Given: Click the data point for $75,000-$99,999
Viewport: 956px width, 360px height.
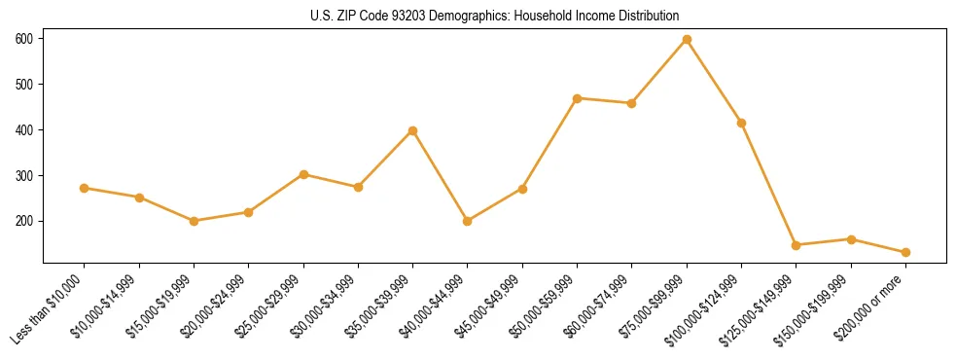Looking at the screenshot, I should tap(687, 39).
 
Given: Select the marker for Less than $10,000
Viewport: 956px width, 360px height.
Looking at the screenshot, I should tap(85, 188).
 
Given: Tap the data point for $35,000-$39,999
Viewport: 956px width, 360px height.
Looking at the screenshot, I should tap(413, 130).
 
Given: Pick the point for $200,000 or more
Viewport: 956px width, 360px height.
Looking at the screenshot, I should tap(905, 252).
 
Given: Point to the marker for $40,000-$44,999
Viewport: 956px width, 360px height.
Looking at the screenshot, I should tap(468, 221).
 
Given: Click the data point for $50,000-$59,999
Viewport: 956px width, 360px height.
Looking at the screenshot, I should tap(578, 98).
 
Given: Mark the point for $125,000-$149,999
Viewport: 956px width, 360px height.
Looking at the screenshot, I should tap(796, 245).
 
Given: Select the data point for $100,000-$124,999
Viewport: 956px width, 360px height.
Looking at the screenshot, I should tap(742, 123).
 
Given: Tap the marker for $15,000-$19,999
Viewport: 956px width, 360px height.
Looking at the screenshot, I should tap(195, 221).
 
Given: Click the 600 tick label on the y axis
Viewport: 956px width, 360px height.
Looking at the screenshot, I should tap(24, 39).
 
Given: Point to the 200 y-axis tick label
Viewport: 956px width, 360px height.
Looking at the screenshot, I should tap(24, 221).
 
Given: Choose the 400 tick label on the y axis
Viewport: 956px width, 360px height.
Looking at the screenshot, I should tap(24, 130).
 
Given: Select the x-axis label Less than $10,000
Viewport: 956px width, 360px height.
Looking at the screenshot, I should tap(50, 309).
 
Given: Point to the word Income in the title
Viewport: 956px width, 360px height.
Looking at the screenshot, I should tap(593, 17).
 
